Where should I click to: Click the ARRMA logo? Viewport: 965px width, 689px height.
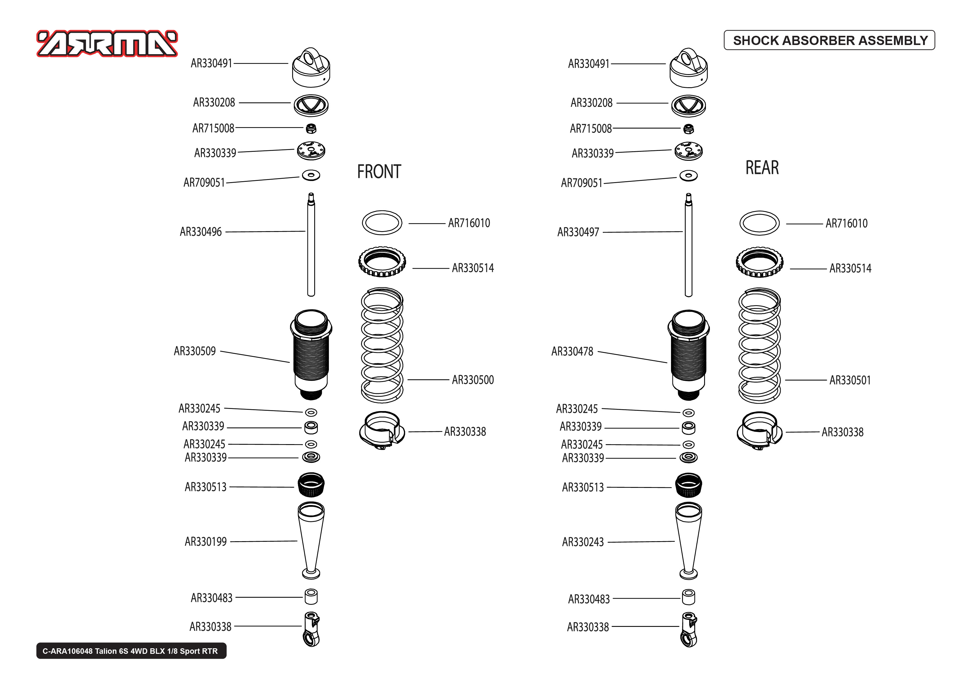pos(107,44)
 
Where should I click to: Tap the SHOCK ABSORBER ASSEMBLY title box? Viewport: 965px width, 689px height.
pos(829,40)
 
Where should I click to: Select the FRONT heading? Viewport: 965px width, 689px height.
pos(379,172)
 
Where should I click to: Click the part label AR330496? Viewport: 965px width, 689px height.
pos(201,232)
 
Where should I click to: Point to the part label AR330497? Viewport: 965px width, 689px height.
pos(578,232)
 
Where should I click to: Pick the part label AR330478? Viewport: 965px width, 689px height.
pos(572,352)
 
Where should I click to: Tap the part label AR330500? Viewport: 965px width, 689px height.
pos(473,380)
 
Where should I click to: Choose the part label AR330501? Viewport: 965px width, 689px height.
pos(850,380)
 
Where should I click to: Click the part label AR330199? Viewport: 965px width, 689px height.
pos(205,542)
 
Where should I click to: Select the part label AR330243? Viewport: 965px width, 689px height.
pos(583,542)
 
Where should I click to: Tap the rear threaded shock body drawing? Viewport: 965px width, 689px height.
pos(688,354)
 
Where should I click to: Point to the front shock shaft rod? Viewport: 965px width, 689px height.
pos(311,246)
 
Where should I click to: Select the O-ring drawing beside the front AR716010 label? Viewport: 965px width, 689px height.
pos(382,223)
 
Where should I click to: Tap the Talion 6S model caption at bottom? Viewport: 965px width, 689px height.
pos(131,651)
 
